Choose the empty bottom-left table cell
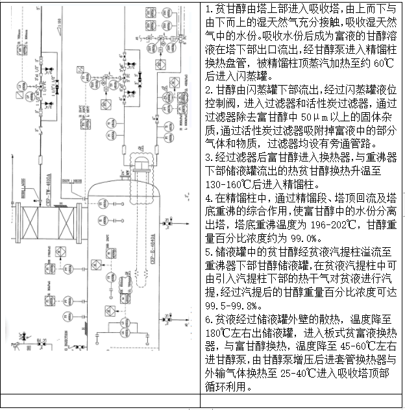tap(100, 400)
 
